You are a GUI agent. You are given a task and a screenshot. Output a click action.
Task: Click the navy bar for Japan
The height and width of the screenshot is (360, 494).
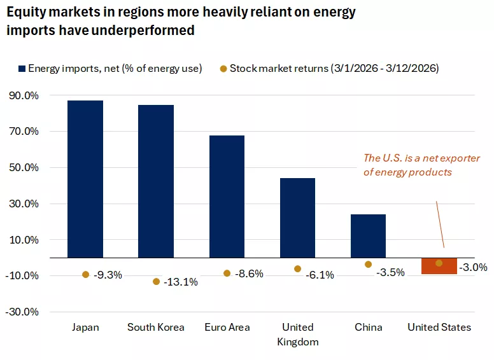(85, 179)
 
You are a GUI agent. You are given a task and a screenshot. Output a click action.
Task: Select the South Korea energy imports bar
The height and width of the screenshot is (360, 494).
(156, 181)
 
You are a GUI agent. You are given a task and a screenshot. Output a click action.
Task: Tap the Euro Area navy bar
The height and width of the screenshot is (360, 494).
(227, 197)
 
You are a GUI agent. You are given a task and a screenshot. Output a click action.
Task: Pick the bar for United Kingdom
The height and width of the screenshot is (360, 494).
(297, 218)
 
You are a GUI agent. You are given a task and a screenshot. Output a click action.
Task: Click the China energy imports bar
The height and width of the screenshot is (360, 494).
(368, 236)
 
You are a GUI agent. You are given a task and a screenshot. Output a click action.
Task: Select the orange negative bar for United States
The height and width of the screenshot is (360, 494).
(439, 267)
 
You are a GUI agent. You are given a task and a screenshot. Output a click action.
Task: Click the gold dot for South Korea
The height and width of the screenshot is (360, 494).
(156, 282)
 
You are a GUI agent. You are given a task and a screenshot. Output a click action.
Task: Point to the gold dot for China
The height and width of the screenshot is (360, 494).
(368, 264)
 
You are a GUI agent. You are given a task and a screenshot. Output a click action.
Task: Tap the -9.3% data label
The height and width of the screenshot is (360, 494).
(108, 275)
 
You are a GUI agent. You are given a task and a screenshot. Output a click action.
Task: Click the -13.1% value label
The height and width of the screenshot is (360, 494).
(181, 282)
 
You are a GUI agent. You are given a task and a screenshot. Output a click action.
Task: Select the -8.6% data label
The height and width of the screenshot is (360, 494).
(249, 274)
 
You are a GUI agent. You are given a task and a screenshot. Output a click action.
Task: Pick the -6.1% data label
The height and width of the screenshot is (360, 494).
(320, 275)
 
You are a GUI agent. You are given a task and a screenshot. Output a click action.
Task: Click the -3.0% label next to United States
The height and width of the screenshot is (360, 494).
(474, 268)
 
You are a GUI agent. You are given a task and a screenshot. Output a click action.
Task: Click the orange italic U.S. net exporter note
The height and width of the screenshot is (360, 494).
(421, 165)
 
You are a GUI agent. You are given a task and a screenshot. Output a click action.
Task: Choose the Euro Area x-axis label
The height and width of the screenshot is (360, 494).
(227, 328)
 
